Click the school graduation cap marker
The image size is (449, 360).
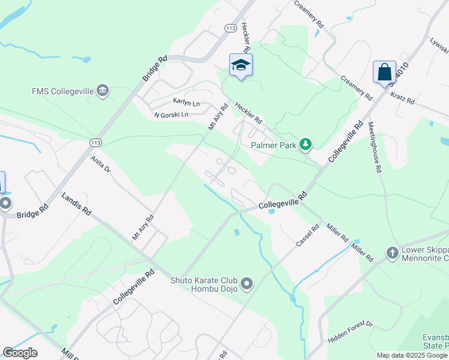pyautogui.click(x=241, y=65)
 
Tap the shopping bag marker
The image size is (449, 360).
pyautogui.click(x=384, y=72)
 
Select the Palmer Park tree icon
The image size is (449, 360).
pyautogui.click(x=306, y=144)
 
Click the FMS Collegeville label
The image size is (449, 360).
pyautogui.click(x=62, y=92)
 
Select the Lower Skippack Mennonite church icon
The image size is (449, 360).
pyautogui.click(x=393, y=252)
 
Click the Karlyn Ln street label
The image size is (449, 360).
pyautogui.click(x=186, y=103)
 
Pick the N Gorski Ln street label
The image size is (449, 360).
pyautogui.click(x=171, y=115)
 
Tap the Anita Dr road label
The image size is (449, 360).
pyautogui.click(x=100, y=164)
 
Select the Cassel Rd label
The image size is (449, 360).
pyautogui.click(x=308, y=236)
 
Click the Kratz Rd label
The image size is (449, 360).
pyautogui.click(x=402, y=98)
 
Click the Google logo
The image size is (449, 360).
pyautogui.click(x=20, y=353)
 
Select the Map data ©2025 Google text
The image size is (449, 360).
pyautogui.click(x=412, y=355)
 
